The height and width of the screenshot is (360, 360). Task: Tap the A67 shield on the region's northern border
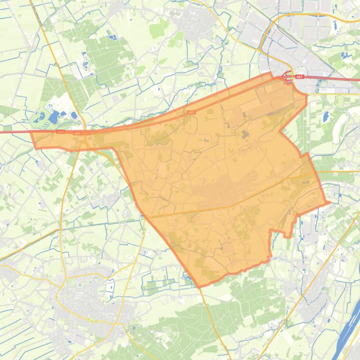191,113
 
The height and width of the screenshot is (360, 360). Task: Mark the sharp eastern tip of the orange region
330,202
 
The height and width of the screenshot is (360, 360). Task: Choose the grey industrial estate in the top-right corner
304,23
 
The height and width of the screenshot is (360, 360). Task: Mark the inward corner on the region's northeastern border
280,131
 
